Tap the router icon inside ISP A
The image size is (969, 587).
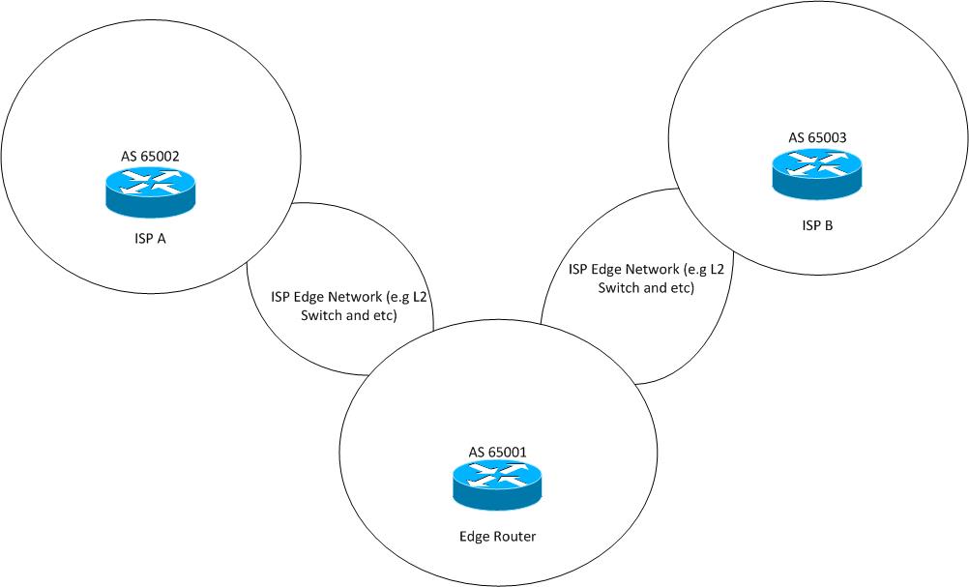tap(150, 190)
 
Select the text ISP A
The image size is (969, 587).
tap(149, 240)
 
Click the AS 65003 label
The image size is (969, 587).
tap(817, 137)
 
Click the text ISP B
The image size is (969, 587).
tap(817, 225)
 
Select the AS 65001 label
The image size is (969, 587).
tap(497, 451)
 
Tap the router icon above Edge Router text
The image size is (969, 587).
tap(497, 485)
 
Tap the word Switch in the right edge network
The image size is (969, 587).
tap(619, 288)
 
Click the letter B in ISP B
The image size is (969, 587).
tap(829, 225)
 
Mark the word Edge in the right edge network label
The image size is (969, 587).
tap(605, 270)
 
